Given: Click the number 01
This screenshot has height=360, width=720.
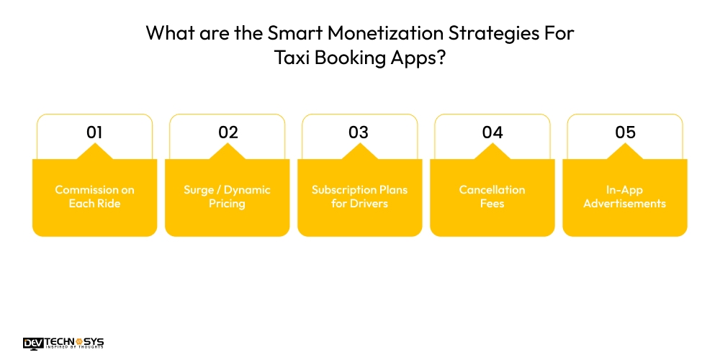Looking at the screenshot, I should tap(94, 132).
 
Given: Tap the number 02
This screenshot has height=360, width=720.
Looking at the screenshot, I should tap(228, 132).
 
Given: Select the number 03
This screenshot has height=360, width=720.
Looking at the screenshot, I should tap(359, 132).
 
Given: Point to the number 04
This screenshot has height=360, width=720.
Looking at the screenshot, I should tap(492, 132).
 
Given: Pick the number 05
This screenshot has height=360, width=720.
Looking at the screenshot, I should tap(625, 132).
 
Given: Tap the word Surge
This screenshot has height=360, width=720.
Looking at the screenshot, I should tap(198, 190).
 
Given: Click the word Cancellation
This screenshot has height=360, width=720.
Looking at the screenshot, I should tap(492, 190).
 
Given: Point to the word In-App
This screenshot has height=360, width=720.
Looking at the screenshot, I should tap(625, 190).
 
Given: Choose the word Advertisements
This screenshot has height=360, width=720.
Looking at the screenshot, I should tap(625, 204).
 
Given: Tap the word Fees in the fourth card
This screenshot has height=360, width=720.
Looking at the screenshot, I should tap(492, 204).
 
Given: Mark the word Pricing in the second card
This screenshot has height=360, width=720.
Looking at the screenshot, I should tap(228, 204).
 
